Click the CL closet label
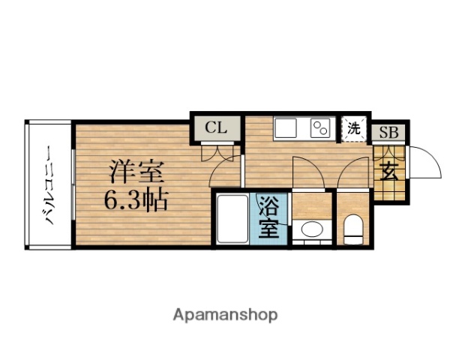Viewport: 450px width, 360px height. pyautogui.click(x=216, y=127)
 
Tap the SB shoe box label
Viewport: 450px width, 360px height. pyautogui.click(x=388, y=133)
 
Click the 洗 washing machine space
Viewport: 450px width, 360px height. pyautogui.click(x=352, y=127)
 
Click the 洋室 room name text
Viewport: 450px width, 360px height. pyautogui.click(x=136, y=172)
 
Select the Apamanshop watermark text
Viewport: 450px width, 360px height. pyautogui.click(x=226, y=314)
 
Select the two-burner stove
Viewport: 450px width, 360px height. pyautogui.click(x=321, y=128)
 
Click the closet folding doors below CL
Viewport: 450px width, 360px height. pyautogui.click(x=217, y=151)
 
